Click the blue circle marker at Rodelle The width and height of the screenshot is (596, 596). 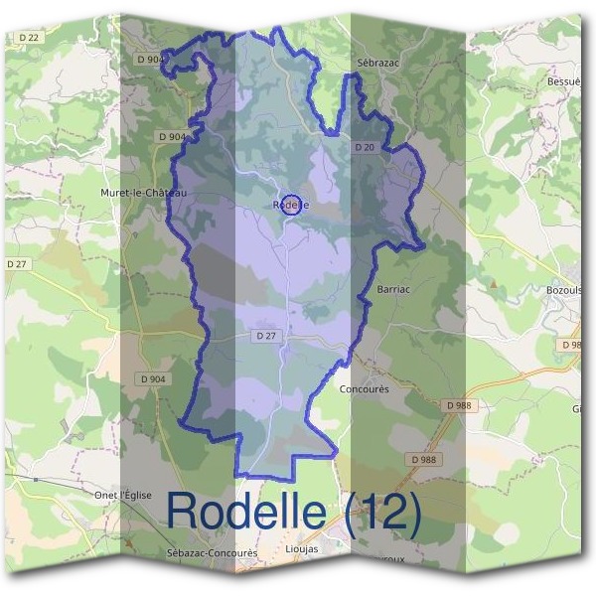tap(291, 205)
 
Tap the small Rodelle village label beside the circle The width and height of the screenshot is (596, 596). tap(290, 206)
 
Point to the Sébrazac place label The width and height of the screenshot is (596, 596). tap(376, 61)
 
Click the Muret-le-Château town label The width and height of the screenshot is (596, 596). tap(144, 192)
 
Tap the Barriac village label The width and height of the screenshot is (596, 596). tap(394, 289)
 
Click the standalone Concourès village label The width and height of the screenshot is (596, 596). tap(365, 389)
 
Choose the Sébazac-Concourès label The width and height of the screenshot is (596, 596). tap(213, 552)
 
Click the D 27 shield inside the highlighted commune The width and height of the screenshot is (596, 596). tap(265, 336)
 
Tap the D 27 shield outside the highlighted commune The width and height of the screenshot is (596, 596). tap(15, 263)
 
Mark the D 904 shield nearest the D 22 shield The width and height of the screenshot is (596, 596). tap(152, 60)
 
